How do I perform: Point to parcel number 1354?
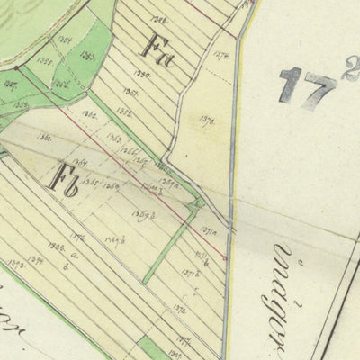tap(61, 42)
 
